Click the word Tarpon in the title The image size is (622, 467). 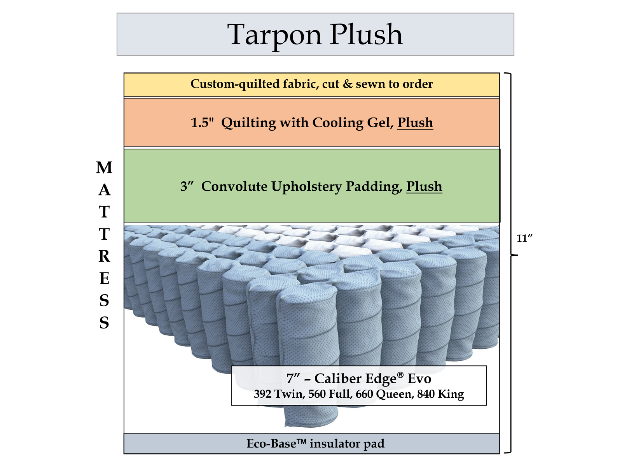274,35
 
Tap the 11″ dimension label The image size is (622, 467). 524,238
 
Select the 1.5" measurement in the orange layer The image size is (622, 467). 202,123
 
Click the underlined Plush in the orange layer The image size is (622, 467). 415,123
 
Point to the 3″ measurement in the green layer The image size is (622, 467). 187,186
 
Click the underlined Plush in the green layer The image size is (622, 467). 424,186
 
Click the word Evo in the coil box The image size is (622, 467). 419,378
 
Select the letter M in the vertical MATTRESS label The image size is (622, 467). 104,168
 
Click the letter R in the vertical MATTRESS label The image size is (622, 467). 104,256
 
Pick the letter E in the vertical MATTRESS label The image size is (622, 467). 104,279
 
